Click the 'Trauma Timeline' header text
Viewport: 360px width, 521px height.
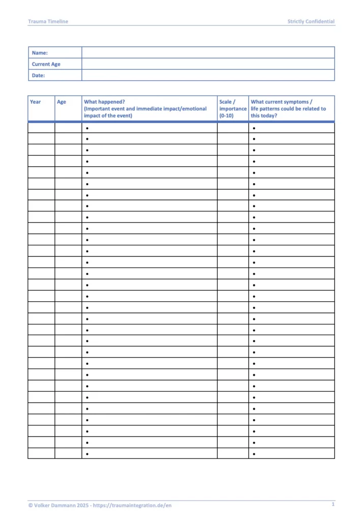tap(48, 21)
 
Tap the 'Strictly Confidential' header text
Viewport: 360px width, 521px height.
tap(311, 21)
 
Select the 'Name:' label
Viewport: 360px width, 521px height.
tap(40, 53)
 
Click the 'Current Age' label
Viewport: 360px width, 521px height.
tap(46, 64)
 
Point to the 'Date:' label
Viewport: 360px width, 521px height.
tap(39, 75)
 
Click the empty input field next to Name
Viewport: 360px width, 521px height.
tap(208, 52)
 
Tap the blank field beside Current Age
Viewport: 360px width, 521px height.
tap(208, 64)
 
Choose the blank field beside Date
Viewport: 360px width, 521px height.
tap(208, 75)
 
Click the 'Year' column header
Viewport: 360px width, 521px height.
tap(35, 102)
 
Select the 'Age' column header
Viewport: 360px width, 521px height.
tap(62, 102)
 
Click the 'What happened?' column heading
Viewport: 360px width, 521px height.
tap(104, 102)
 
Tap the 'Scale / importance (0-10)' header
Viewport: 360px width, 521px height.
tap(233, 108)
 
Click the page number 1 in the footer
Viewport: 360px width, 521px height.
tap(333, 504)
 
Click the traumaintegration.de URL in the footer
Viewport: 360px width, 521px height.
tap(137, 505)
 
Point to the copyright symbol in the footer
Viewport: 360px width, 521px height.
tap(31, 505)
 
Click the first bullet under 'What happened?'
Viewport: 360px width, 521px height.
tap(87, 128)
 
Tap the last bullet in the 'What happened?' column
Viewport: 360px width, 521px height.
tap(87, 453)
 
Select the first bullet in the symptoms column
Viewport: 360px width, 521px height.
tap(254, 128)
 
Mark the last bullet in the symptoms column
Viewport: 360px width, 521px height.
tap(254, 453)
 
